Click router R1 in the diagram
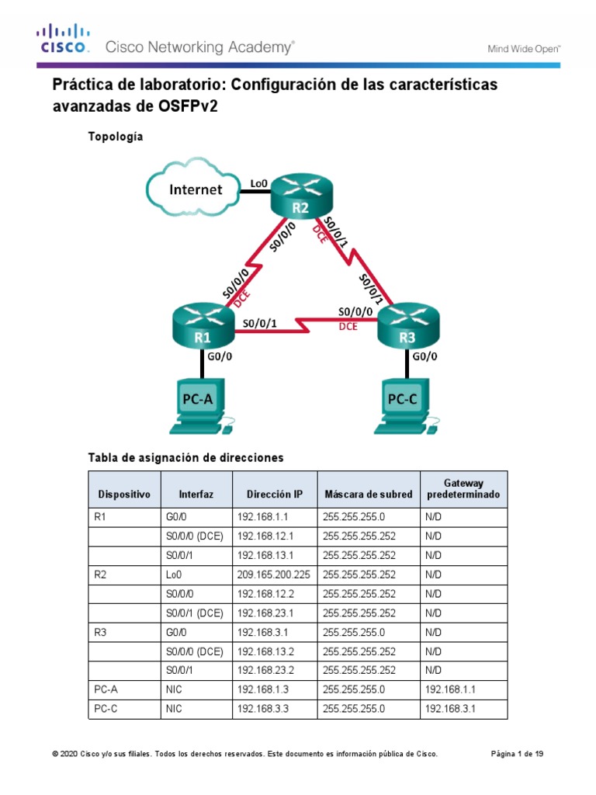[203, 326]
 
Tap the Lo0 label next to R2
[258, 184]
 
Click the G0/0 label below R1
[220, 358]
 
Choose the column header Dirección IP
[274, 494]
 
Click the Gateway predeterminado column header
[463, 488]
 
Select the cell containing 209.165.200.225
[274, 575]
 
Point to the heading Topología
[117, 136]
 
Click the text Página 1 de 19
[518, 754]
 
